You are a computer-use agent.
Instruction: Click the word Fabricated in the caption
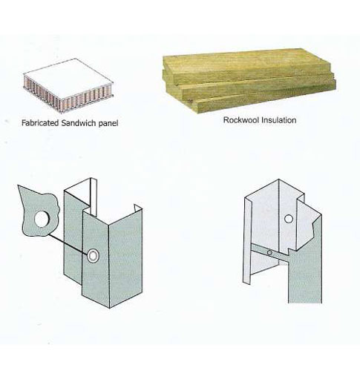point(40,123)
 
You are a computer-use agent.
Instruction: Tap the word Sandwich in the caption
point(79,123)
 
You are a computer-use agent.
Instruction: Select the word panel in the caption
point(108,123)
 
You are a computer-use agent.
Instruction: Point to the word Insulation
point(279,120)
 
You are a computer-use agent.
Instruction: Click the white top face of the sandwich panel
point(68,78)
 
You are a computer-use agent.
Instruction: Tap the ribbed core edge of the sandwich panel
point(67,98)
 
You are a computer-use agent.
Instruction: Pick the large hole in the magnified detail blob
point(42,219)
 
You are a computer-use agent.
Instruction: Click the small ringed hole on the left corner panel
point(93,256)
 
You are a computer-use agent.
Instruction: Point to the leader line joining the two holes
point(68,244)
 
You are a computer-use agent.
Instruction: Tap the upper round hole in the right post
point(289,219)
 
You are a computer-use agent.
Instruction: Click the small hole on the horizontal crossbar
point(269,253)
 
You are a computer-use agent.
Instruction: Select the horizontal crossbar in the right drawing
point(269,253)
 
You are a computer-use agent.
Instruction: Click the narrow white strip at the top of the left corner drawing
point(94,197)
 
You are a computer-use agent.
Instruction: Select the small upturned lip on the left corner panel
point(138,208)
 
